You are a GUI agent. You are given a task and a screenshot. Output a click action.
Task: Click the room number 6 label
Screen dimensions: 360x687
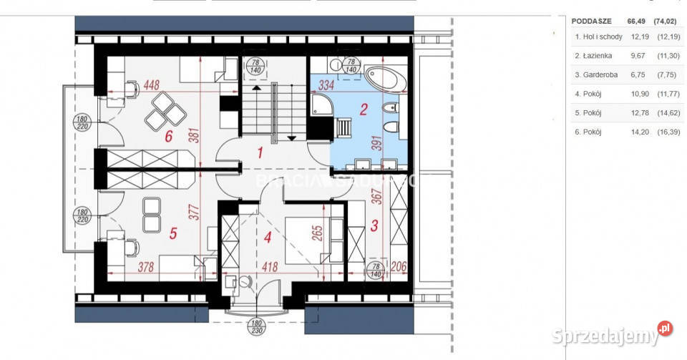pyautogui.click(x=170, y=137)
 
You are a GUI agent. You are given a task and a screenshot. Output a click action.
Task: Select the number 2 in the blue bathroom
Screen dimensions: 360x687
pyautogui.click(x=364, y=110)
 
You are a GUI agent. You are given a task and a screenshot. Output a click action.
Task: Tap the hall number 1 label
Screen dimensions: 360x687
pyautogui.click(x=260, y=152)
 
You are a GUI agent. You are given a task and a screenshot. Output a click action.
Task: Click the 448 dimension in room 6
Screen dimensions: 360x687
pyautogui.click(x=152, y=85)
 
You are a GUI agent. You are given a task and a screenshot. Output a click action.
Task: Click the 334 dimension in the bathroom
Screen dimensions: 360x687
pyautogui.click(x=327, y=85)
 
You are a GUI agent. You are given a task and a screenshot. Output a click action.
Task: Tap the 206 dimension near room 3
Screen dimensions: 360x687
pyautogui.click(x=399, y=267)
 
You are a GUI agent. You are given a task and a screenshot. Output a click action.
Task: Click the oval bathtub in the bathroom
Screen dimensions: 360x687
pyautogui.click(x=386, y=79)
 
